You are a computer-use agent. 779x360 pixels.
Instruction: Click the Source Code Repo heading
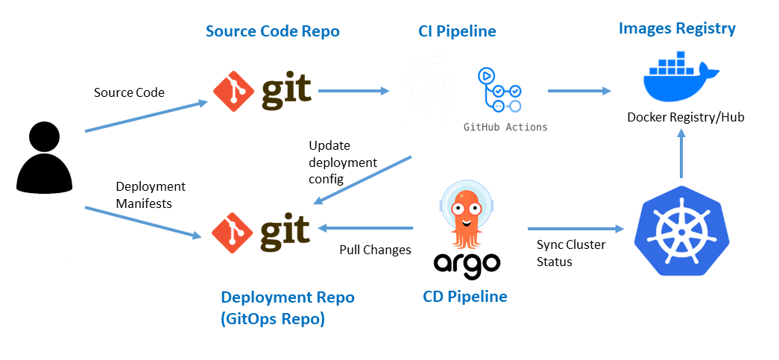pyautogui.click(x=273, y=31)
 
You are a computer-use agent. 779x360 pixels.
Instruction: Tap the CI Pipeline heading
pyautogui.click(x=456, y=31)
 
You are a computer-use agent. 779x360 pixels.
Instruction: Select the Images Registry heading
pyautogui.click(x=677, y=29)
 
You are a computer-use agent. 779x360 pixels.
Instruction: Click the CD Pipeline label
pyautogui.click(x=465, y=297)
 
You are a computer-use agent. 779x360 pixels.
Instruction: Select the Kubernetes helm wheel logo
pyautogui.click(x=681, y=231)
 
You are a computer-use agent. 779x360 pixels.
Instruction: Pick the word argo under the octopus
pyautogui.click(x=465, y=262)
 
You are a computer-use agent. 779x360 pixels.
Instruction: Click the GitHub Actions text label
pyautogui.click(x=505, y=127)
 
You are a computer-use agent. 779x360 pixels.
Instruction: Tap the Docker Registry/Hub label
pyautogui.click(x=686, y=118)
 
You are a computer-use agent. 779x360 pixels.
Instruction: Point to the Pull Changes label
pyautogui.click(x=375, y=250)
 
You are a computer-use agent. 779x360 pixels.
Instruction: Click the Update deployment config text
pyautogui.click(x=343, y=162)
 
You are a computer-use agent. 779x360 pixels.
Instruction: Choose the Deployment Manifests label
pyautogui.click(x=151, y=195)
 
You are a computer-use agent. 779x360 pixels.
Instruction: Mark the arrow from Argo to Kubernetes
pyautogui.click(x=575, y=228)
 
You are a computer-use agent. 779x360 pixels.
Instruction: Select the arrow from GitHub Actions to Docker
pyautogui.click(x=579, y=91)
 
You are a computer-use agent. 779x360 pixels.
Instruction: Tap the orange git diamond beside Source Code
pyautogui.click(x=233, y=90)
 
